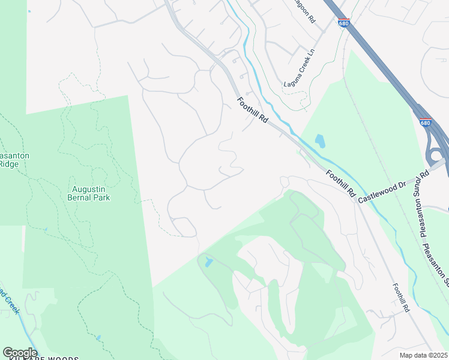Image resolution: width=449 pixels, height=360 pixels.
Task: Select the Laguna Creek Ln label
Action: (300, 67)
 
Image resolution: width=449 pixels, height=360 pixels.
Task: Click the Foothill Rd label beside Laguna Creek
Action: (252, 111)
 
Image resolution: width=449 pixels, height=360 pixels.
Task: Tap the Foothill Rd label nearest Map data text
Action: (400, 298)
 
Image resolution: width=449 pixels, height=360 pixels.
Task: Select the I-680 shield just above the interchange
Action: (425, 122)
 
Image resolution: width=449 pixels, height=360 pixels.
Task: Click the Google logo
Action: (19, 353)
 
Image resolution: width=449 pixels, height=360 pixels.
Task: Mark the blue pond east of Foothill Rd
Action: (320, 142)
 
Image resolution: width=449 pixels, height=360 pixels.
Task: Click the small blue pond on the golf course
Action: (208, 262)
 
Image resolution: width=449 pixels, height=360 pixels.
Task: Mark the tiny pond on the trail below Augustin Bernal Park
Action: (45, 229)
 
